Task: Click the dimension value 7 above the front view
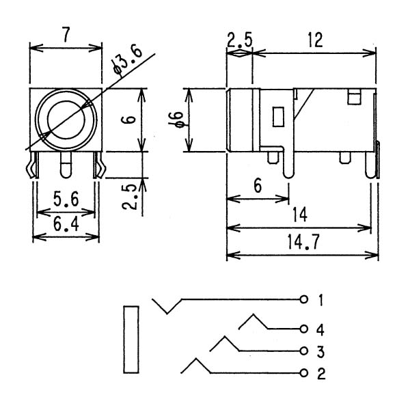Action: pos(66,35)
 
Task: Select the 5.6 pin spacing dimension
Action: pos(66,200)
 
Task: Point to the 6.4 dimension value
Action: pos(66,224)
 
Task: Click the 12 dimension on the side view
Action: pos(315,40)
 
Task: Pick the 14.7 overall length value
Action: pos(303,242)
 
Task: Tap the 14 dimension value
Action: pos(300,215)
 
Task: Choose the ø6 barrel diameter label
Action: pos(176,120)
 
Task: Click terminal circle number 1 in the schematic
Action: pos(303,299)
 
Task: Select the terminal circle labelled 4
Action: pos(303,329)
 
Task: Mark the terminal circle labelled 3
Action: pos(303,351)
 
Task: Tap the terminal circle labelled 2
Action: pos(303,373)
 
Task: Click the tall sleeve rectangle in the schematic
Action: pos(131,340)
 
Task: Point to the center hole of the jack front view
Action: pos(66,120)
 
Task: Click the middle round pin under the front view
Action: pos(66,165)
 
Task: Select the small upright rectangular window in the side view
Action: pos(278,117)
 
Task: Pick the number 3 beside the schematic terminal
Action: pos(320,351)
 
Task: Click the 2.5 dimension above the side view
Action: pos(239,40)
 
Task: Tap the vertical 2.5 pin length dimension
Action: pos(129,197)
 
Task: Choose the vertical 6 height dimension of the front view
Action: pos(128,120)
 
